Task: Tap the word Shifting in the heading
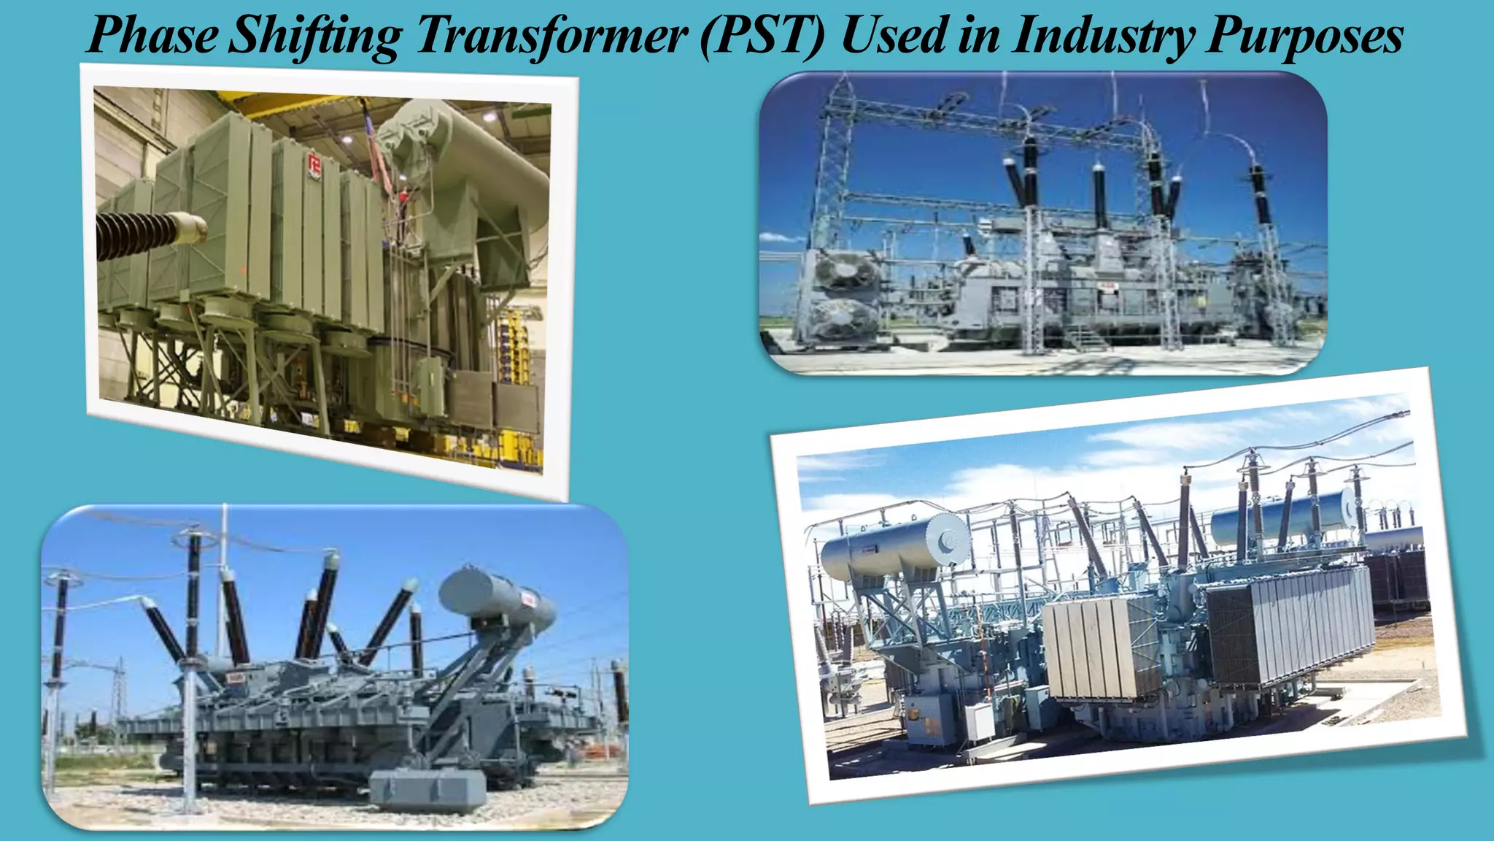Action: pos(314,35)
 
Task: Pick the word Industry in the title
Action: pos(1102,35)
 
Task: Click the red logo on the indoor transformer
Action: pos(315,167)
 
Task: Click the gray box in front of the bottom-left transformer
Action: pos(427,788)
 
